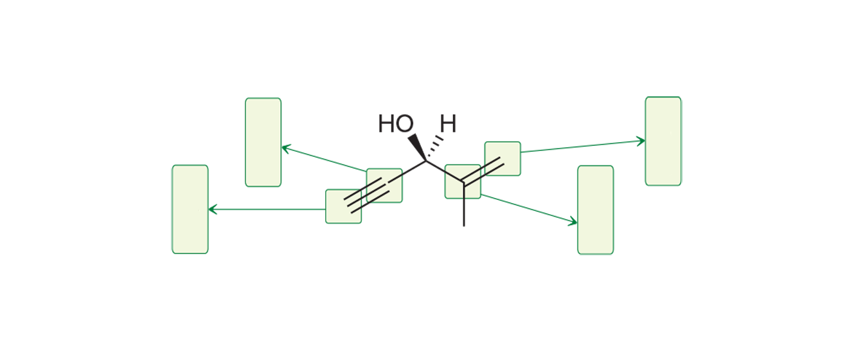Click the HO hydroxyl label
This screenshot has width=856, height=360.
395,124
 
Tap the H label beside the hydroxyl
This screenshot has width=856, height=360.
448,124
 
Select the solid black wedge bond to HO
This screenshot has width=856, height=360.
417,147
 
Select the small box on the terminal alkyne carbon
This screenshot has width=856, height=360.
343,206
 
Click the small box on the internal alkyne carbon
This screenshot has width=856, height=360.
384,185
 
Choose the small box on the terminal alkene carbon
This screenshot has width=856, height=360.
503,158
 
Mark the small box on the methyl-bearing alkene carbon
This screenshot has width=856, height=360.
462,181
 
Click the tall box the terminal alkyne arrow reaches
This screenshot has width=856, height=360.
190,209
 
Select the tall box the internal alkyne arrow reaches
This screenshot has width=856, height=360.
263,142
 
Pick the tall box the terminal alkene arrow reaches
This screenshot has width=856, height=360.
663,141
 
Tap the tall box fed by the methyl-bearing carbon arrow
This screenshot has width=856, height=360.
595,210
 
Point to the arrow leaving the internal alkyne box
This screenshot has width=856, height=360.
324,159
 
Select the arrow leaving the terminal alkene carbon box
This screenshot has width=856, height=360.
582,147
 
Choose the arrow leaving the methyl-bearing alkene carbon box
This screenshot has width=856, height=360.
528,209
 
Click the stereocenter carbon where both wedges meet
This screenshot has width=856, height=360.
425,161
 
